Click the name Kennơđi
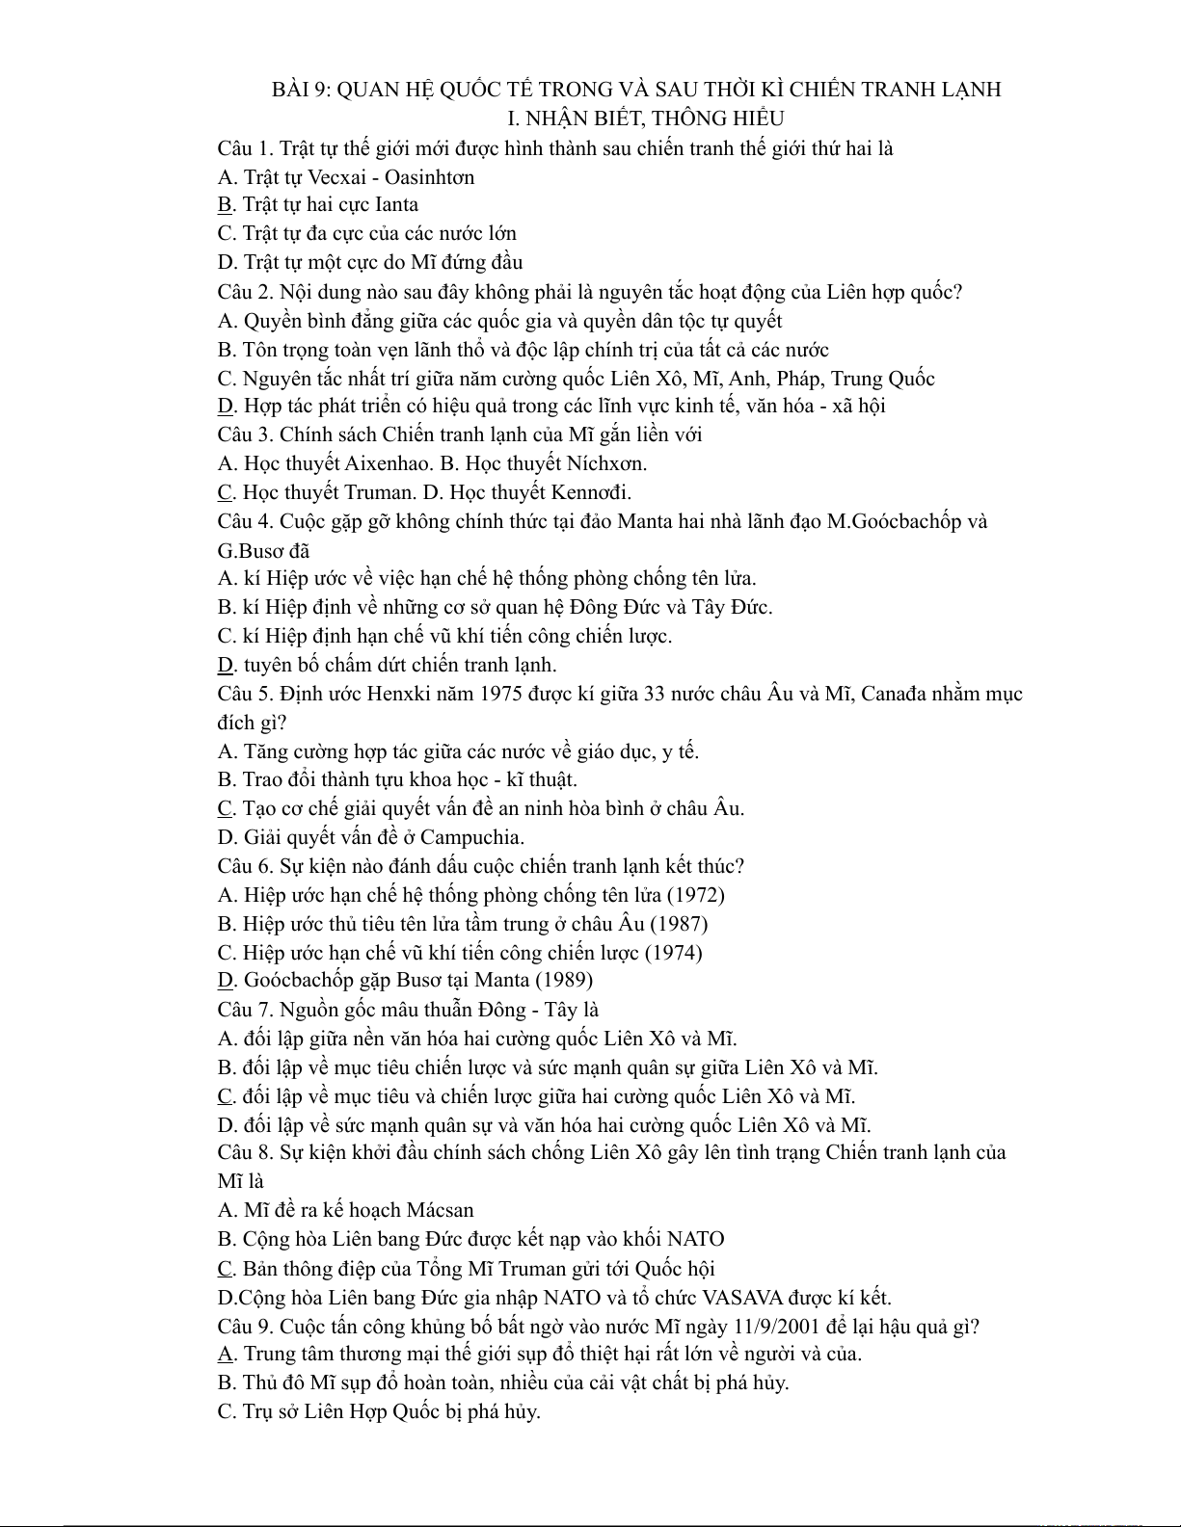pos(591,492)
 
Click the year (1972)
pos(695,895)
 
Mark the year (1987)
pos(679,924)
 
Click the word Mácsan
pos(441,1210)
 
